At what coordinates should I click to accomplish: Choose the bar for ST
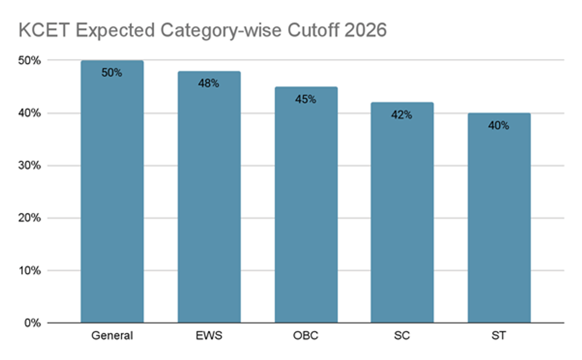coord(499,218)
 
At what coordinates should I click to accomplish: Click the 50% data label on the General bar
coord(112,73)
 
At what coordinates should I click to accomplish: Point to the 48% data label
coord(209,83)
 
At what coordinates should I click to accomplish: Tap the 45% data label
coord(306,99)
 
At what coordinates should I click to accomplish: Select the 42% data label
coord(402,115)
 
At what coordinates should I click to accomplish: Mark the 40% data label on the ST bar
coord(499,126)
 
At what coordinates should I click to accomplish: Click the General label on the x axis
coord(112,336)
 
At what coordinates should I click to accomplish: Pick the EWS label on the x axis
coord(209,336)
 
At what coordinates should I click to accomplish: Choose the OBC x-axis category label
coord(306,336)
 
